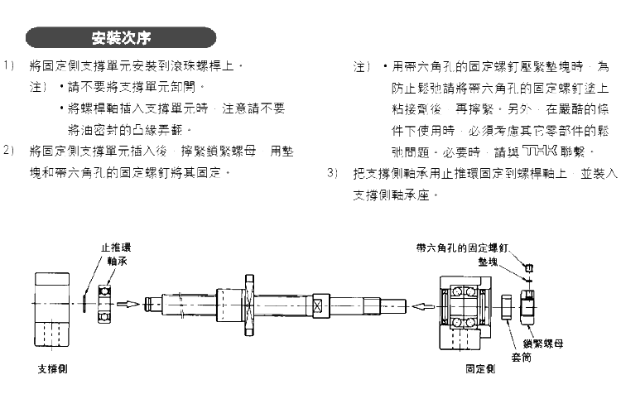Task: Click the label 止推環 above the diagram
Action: (115, 247)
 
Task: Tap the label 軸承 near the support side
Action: (116, 259)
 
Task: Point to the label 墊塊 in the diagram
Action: (498, 259)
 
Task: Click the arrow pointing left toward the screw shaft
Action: (421, 305)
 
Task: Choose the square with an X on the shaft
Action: (317, 305)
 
